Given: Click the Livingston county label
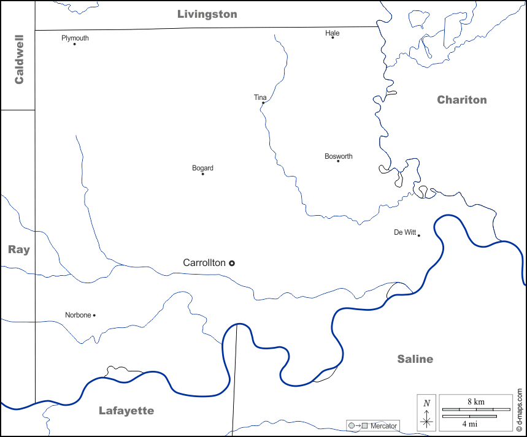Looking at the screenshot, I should pos(207,14).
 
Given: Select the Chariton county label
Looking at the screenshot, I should pos(461,100).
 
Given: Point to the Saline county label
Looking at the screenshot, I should pos(415,359).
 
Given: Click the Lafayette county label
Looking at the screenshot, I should pos(126,411).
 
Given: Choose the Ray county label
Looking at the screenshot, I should pos(18,249).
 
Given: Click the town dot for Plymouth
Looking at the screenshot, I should pos(75,44).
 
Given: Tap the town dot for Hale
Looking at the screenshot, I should pos(333,37).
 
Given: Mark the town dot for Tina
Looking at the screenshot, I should pos(263,103).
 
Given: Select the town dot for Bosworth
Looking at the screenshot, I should pos(338,161).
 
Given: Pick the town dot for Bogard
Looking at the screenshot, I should pos(203,174).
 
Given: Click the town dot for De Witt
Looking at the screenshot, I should pos(418,235).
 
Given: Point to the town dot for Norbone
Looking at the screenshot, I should pos(94,315).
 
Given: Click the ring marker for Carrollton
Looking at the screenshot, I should pos(232,263).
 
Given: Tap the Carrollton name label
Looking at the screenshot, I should pos(204,262).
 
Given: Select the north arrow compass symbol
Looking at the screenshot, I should pos(427,412).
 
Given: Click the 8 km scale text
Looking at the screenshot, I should pos(475,401).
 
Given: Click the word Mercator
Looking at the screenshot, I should pos(383,425).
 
